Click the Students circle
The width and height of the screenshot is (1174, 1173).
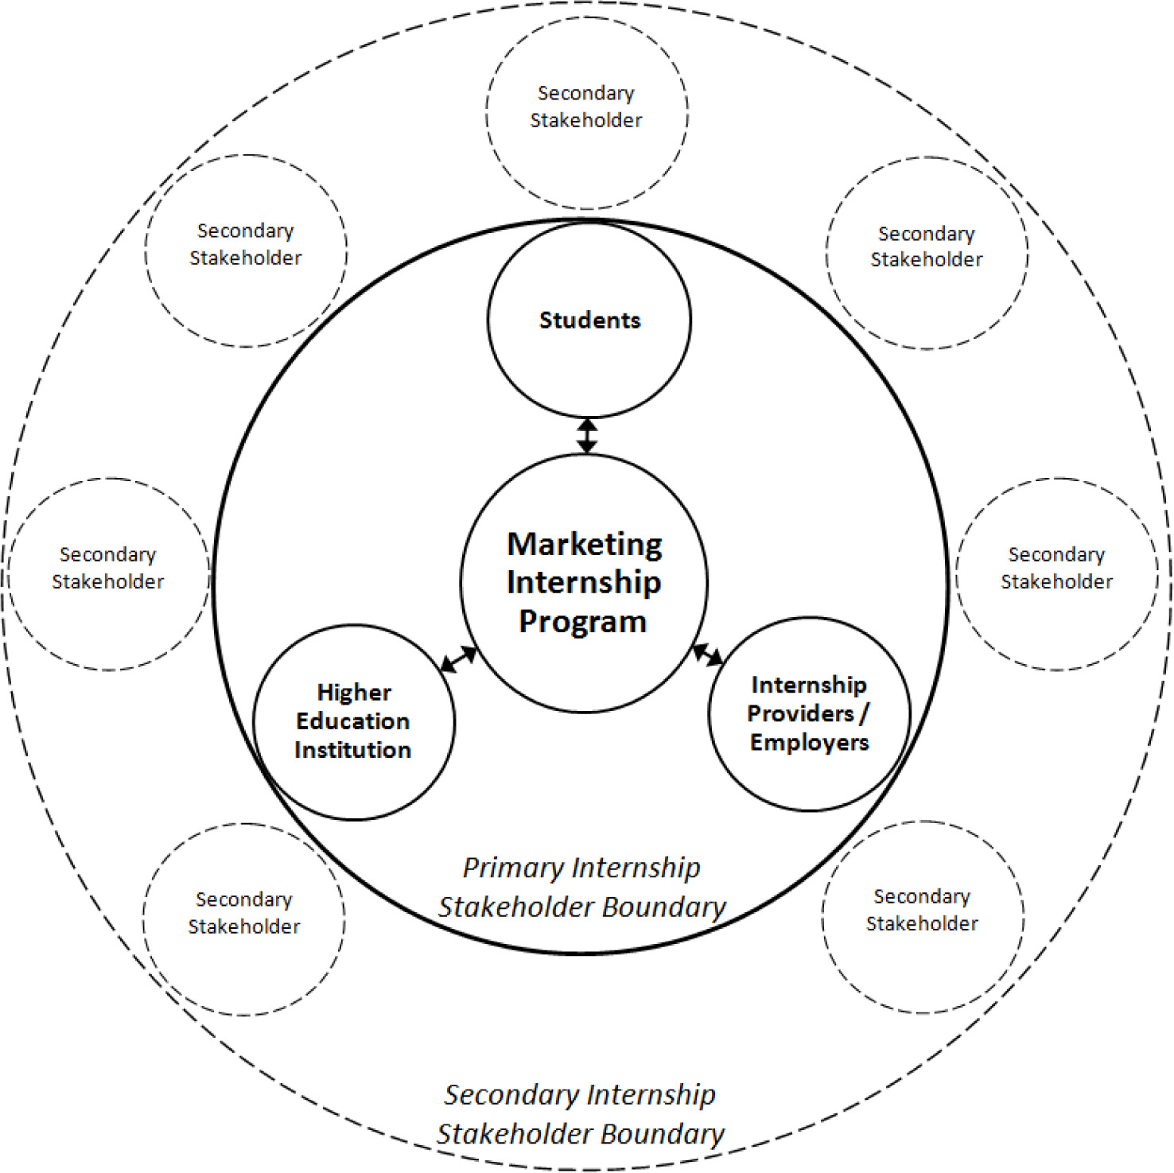point(589,320)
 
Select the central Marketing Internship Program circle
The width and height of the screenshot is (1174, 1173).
point(584,583)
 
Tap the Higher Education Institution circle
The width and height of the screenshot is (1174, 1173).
point(354,721)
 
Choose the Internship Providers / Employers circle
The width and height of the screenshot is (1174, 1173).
point(809,713)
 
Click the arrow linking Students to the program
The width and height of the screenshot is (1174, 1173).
point(587,436)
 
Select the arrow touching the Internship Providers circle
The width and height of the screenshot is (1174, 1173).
point(708,655)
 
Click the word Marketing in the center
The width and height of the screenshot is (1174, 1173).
point(585,545)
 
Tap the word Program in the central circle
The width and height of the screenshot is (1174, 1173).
point(583,622)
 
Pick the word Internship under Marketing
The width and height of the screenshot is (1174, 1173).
point(584,583)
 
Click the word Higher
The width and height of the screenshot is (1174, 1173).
point(354,693)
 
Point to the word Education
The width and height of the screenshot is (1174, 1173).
point(353,721)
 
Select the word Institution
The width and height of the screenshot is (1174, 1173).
point(353,750)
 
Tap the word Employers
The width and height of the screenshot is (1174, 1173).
point(810,743)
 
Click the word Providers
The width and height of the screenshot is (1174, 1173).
point(800,713)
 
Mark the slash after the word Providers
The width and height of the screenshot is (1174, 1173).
point(864,713)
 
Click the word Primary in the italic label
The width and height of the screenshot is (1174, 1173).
point(514,868)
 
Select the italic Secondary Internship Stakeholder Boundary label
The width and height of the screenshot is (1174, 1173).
point(581,1114)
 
